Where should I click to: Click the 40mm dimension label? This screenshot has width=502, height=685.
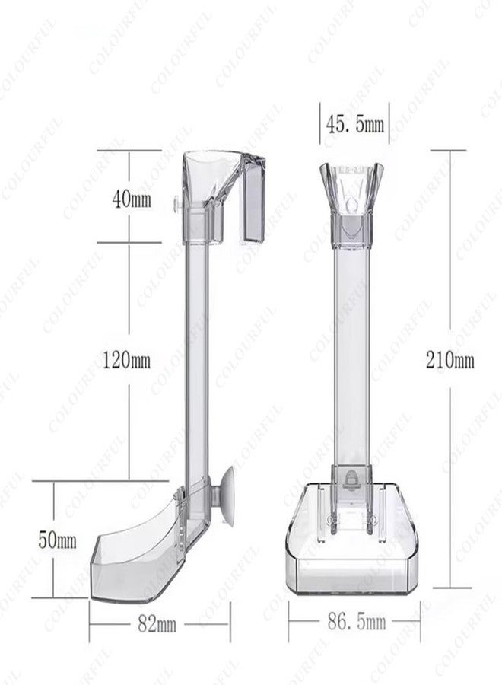[x=132, y=199]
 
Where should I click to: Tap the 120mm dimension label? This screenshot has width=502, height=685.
[x=126, y=361]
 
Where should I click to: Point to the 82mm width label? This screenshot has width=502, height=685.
[x=157, y=625]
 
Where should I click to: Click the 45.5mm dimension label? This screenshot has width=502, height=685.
[x=355, y=125]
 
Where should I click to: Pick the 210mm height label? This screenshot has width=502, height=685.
[x=450, y=361]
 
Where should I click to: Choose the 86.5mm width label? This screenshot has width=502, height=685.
[x=357, y=622]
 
